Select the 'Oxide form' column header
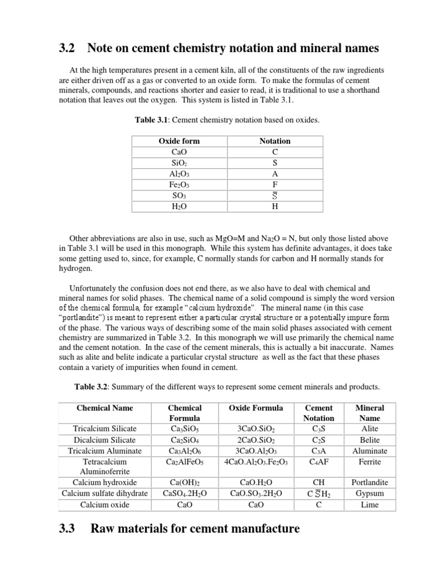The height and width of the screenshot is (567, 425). point(179,141)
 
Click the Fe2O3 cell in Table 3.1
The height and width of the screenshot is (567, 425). point(179,184)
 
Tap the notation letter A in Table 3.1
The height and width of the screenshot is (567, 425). point(275,174)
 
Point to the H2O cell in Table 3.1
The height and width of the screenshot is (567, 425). point(179,207)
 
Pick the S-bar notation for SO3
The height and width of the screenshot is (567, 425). point(275,195)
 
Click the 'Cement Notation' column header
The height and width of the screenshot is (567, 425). point(319,413)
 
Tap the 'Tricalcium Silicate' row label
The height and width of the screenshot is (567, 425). point(104,429)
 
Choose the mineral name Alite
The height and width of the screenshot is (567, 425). point(370,429)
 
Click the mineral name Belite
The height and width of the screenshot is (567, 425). point(370,440)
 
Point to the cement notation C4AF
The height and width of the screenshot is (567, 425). point(319,461)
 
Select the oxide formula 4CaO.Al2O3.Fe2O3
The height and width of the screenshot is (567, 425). point(256,461)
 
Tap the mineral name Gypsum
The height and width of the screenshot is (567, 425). point(370,493)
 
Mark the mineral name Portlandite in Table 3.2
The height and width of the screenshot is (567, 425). point(370,483)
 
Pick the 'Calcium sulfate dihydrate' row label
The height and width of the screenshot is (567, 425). point(104,493)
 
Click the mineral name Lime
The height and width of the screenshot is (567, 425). point(370,504)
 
